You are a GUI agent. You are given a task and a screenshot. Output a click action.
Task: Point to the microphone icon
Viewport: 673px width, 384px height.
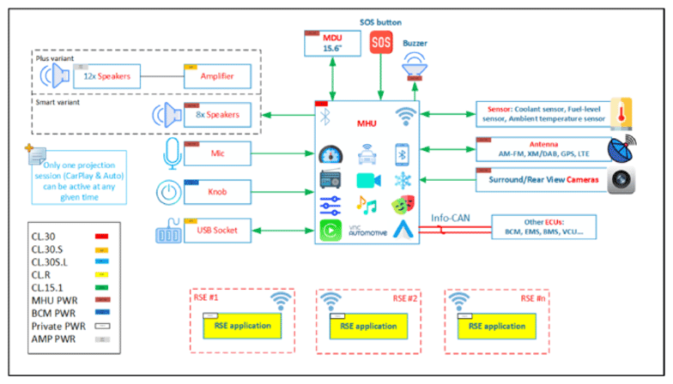click(168, 153)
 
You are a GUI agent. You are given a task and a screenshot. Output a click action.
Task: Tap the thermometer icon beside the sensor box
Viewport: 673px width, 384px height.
click(620, 114)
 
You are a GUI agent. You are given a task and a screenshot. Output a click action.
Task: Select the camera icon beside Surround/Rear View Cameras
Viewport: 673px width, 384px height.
click(621, 181)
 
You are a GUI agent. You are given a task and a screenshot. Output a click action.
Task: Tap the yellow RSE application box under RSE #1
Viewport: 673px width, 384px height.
click(233, 326)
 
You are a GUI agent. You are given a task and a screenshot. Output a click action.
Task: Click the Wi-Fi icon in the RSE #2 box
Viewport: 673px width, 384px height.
click(331, 301)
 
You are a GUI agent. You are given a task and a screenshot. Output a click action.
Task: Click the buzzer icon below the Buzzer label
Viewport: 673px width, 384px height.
click(414, 64)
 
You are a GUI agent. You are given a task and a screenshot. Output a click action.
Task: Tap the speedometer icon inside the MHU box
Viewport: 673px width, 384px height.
click(330, 156)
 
